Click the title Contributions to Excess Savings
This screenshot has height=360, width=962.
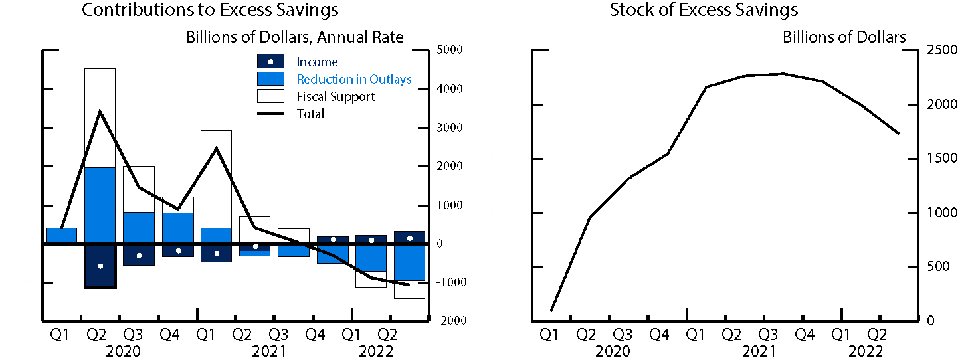click(209, 11)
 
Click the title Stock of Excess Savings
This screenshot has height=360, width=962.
click(704, 11)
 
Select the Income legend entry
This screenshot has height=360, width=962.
click(317, 62)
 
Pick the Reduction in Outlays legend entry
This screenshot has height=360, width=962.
click(353, 80)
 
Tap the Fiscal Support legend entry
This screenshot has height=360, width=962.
click(335, 97)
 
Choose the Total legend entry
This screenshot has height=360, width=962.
click(310, 114)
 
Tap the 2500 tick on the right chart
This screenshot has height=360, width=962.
click(938, 50)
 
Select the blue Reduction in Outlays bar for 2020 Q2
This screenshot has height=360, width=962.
click(100, 205)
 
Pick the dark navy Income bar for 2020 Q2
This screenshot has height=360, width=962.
click(100, 266)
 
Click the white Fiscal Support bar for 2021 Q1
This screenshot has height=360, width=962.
click(216, 179)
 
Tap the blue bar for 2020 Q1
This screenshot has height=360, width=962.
click(61, 236)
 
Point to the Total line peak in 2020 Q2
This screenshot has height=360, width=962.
click(100, 111)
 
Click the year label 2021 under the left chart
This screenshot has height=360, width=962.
click(269, 351)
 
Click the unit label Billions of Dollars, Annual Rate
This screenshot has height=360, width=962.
click(294, 37)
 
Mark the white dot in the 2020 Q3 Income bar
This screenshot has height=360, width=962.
click(139, 256)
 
